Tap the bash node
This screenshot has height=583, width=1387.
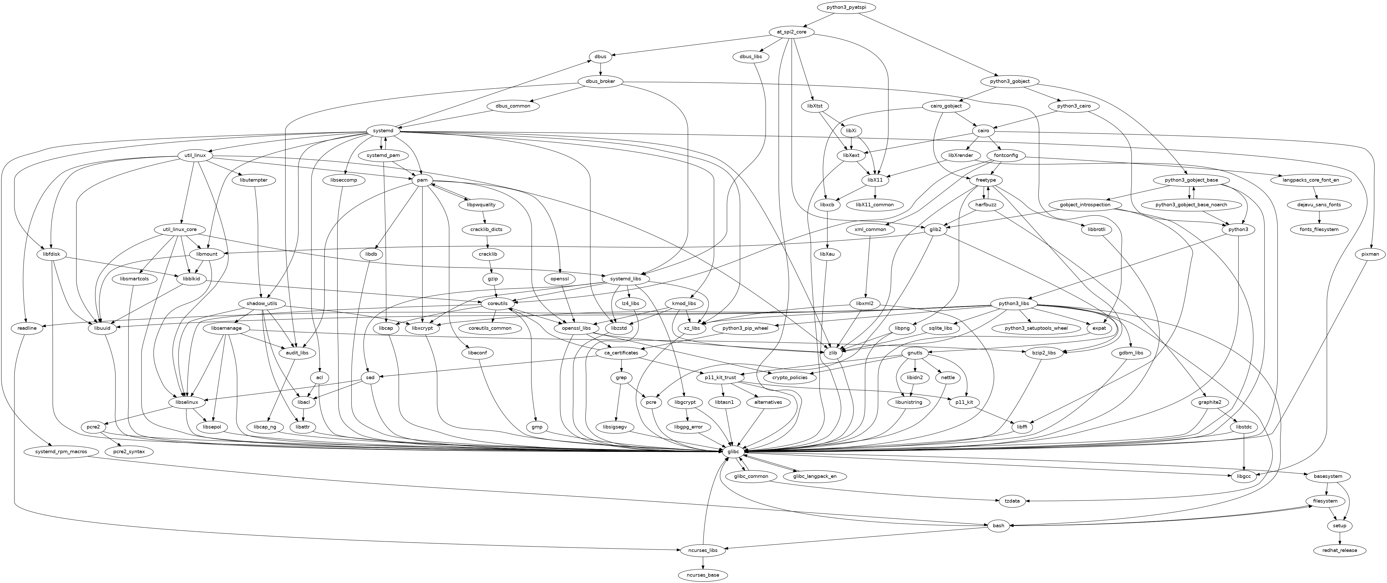998,525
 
